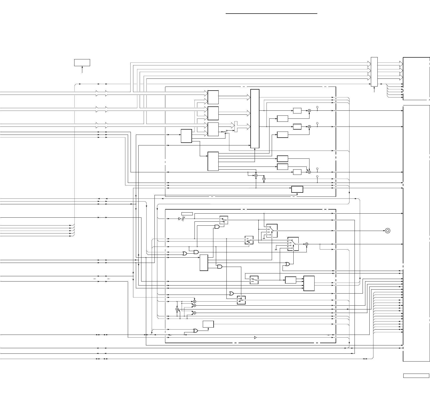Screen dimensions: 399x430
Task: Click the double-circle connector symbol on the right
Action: [x=388, y=230]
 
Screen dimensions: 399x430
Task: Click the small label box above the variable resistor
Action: [x=187, y=214]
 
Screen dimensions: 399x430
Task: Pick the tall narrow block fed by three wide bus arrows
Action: [x=255, y=118]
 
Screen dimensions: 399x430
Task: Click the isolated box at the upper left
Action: [x=82, y=63]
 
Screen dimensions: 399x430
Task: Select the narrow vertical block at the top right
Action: [x=374, y=72]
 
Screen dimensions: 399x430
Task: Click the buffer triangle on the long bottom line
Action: [x=255, y=337]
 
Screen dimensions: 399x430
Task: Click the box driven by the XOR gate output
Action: [x=208, y=324]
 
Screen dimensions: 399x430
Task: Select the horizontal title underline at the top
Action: [x=271, y=14]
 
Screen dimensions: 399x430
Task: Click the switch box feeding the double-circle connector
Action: [x=272, y=230]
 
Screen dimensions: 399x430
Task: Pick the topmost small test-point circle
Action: [x=317, y=107]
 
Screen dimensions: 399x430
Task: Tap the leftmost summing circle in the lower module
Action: [x=177, y=309]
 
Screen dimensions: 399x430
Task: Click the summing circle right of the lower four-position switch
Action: [x=307, y=244]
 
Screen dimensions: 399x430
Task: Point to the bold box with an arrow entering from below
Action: [x=297, y=189]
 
